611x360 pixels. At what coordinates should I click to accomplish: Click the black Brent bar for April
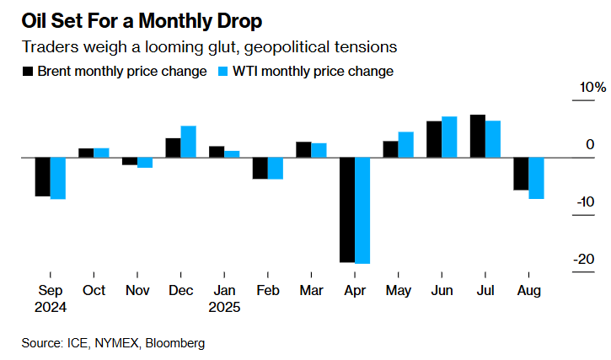point(347,210)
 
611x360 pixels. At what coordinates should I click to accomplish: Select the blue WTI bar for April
point(362,211)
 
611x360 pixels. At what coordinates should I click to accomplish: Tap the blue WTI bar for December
point(188,142)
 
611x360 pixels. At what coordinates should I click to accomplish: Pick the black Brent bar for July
point(477,136)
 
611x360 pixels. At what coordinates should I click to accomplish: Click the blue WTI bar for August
point(536,178)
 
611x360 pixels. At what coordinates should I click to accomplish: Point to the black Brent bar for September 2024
point(41,177)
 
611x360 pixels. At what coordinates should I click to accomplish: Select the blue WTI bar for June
point(449,137)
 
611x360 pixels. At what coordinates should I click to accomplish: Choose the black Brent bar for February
point(260,168)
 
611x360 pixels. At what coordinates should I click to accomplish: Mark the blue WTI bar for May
point(405,144)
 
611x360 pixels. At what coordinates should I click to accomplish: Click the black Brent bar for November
point(129,161)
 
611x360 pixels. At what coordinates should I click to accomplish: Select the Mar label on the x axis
point(311,290)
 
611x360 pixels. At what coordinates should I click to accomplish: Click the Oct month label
point(94,290)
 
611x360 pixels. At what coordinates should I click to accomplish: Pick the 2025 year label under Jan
point(224,308)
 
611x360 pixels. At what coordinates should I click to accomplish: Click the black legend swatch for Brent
point(29,72)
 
